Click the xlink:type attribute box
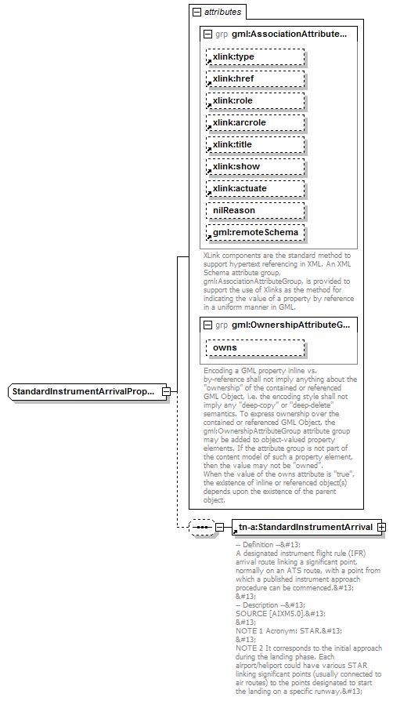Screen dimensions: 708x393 254,57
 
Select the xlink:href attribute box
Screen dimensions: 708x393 254,79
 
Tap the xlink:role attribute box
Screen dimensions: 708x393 254,101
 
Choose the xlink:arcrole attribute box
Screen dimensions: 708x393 254,123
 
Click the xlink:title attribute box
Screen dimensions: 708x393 254,145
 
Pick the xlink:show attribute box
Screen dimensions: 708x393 254,167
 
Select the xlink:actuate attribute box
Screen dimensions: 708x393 254,189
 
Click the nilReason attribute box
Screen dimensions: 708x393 254,211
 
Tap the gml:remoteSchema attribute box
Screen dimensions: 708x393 254,233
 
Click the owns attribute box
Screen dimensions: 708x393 254,347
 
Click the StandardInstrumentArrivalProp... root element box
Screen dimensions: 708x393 84,390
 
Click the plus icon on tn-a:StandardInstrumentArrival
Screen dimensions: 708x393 381,527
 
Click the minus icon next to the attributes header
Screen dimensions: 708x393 196,13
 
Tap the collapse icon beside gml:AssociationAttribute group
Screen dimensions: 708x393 207,35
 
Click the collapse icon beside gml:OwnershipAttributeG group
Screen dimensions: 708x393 207,325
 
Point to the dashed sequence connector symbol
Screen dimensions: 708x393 202,527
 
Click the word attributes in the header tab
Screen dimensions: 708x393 222,13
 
